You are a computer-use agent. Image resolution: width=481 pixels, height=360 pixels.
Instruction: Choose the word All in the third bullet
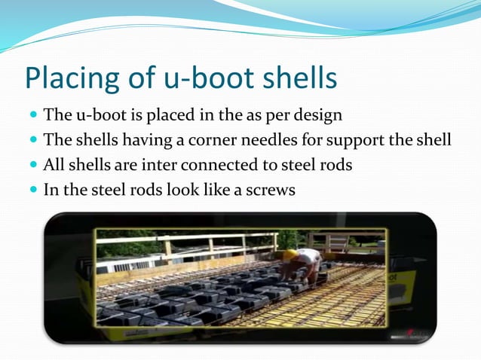click(54, 164)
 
